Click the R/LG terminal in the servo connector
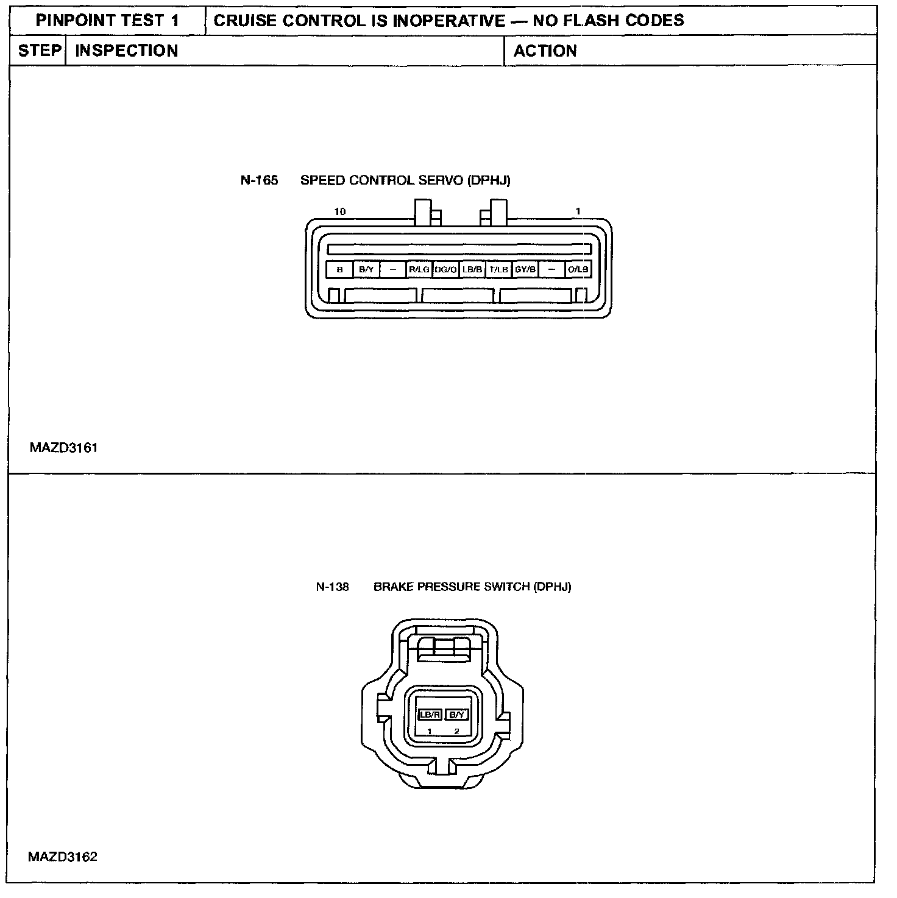pos(419,269)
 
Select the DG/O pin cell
pos(446,269)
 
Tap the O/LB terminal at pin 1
pos(578,269)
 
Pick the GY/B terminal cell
pos(525,269)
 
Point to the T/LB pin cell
pos(499,269)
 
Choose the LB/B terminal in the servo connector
pos(472,269)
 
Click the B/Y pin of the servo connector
pos(366,269)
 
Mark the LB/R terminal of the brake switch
pos(430,715)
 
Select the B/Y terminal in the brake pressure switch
pos(456,715)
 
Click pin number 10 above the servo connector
pos(340,212)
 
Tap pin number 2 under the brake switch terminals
pos(456,731)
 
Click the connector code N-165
pos(259,180)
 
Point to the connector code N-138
pos(333,587)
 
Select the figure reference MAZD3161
pos(63,448)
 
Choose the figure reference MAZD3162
pos(63,857)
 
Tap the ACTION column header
pos(545,51)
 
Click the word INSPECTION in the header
pos(127,51)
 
